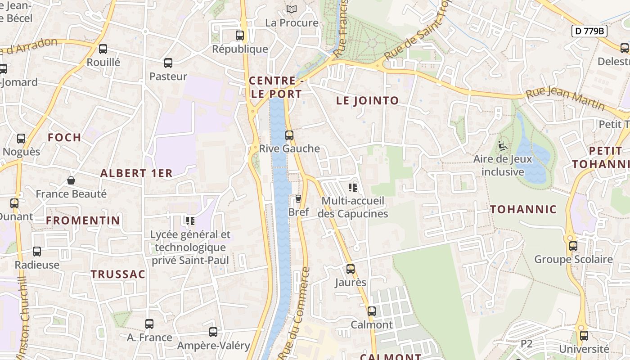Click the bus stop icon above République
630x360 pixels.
[240, 36]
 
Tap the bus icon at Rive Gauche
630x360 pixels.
[289, 135]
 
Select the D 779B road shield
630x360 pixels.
[589, 31]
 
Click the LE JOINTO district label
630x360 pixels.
[367, 101]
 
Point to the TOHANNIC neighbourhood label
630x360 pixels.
[523, 209]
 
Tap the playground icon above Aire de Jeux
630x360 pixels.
[502, 146]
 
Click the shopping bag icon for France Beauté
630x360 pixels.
[71, 180]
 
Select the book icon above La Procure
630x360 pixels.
[292, 9]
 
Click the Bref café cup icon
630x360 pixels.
[298, 198]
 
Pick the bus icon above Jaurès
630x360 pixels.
[351, 269]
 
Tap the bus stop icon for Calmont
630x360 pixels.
[372, 311]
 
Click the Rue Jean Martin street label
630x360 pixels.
[565, 99]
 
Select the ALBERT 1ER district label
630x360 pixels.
[136, 173]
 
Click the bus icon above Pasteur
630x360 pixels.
[168, 63]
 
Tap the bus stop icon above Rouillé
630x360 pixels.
[103, 49]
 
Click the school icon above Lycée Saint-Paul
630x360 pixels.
[190, 220]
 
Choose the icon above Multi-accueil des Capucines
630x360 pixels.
[353, 187]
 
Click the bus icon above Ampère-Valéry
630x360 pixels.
[213, 332]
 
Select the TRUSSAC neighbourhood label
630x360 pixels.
[118, 274]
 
